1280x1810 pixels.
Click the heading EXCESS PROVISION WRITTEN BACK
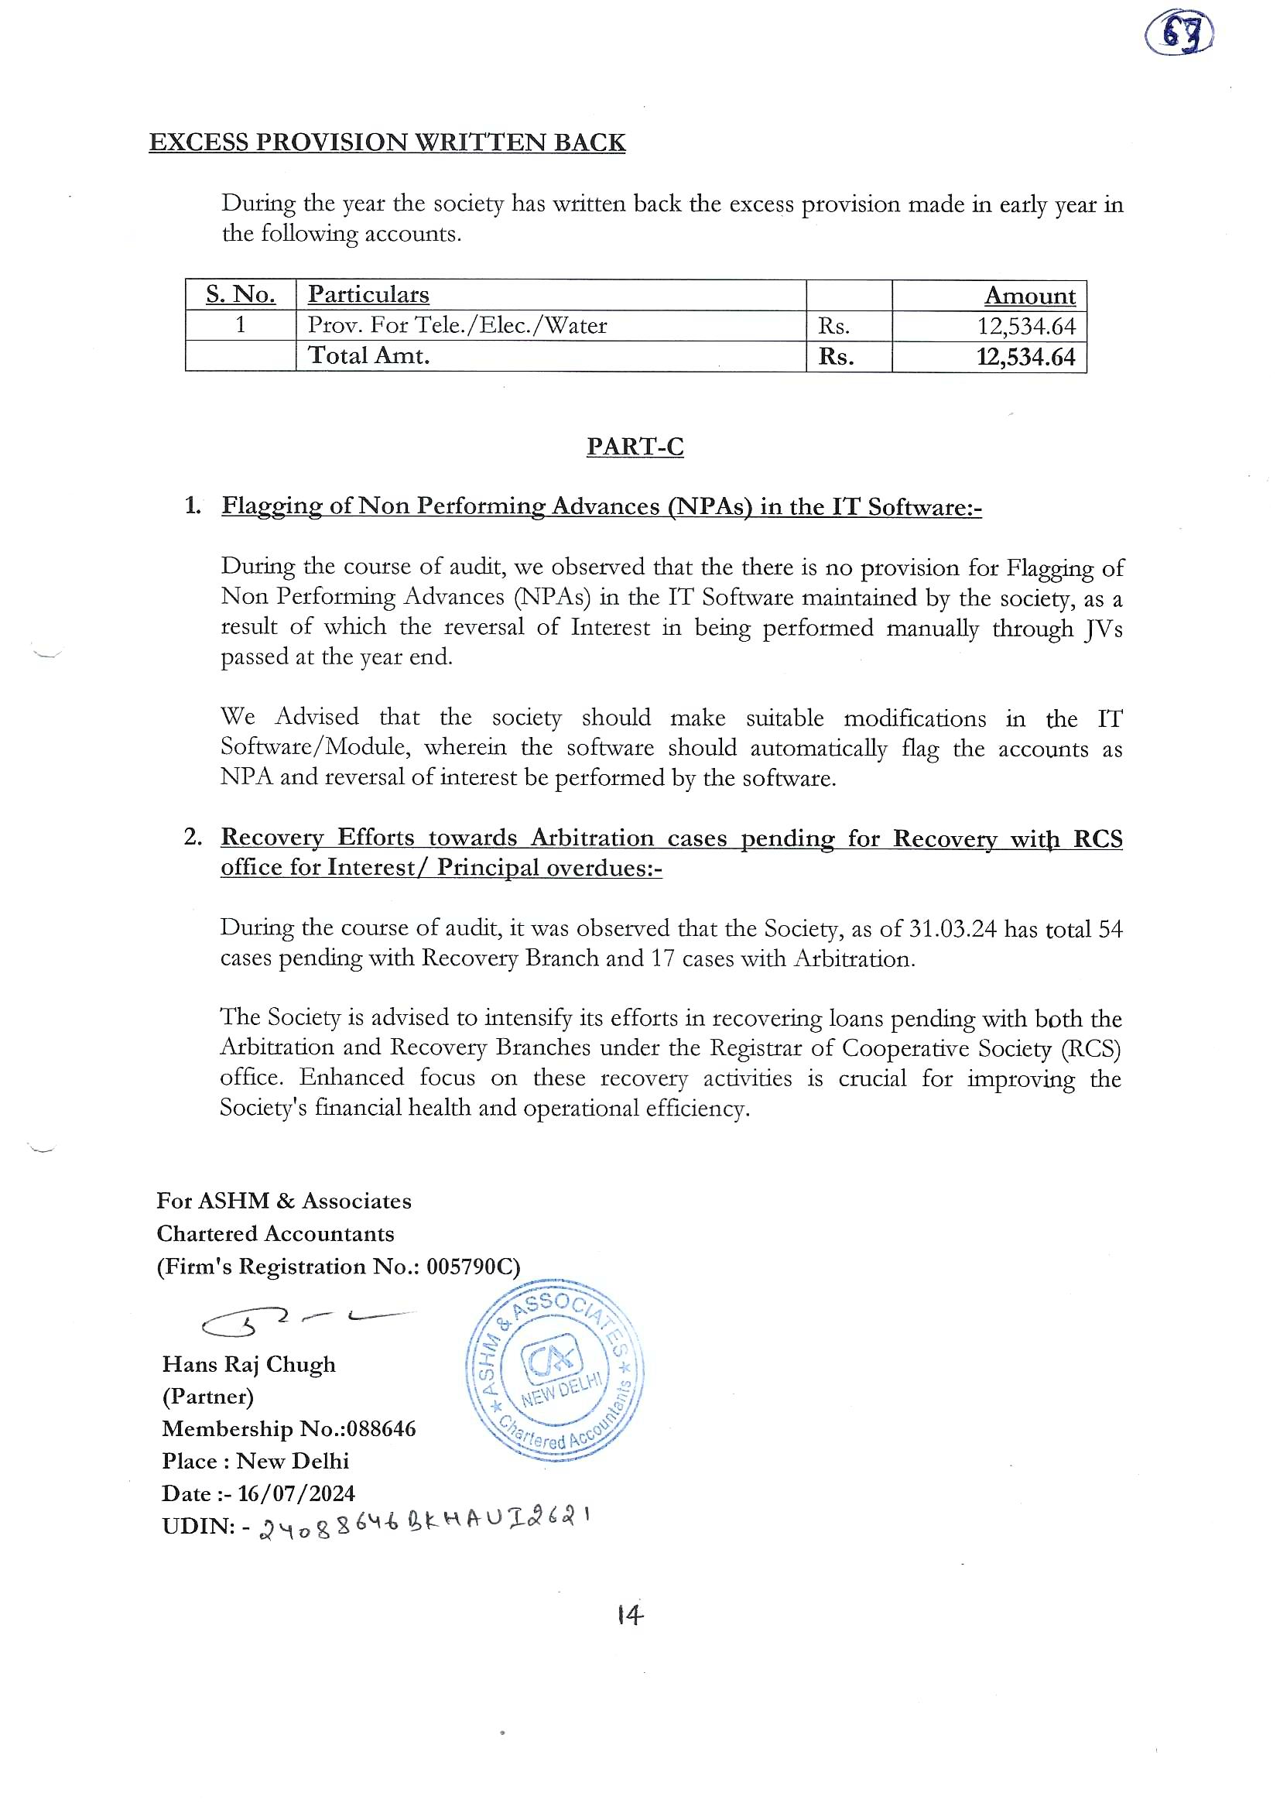[x=387, y=142]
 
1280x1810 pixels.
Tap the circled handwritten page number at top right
[x=1179, y=36]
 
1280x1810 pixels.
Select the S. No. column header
[x=241, y=295]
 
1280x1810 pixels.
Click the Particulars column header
[x=368, y=295]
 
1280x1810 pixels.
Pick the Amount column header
[x=1029, y=296]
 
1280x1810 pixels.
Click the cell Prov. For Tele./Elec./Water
[x=457, y=326]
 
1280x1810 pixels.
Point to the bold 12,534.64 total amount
[x=1025, y=357]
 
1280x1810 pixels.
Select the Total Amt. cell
[x=369, y=356]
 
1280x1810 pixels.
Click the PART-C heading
[x=635, y=447]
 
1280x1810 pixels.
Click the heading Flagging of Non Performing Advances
[x=601, y=506]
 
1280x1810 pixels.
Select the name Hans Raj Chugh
[x=249, y=1365]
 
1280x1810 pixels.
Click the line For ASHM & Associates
[x=284, y=1202]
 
